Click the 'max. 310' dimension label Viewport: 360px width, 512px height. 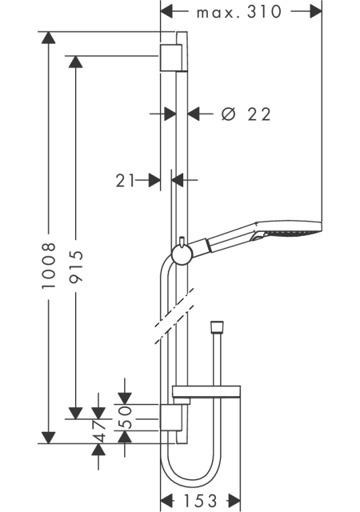point(239,12)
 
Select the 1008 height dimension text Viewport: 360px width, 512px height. point(49,266)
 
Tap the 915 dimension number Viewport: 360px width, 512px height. point(76,266)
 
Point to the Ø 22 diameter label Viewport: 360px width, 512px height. point(246,114)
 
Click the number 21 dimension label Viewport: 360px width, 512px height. point(125,180)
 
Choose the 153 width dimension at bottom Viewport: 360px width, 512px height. point(200,501)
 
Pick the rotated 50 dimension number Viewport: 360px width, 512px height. point(125,417)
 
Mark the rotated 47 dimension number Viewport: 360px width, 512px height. point(98,431)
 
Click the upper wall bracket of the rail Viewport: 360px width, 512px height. point(170,58)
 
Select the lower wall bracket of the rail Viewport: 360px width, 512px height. point(170,418)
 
